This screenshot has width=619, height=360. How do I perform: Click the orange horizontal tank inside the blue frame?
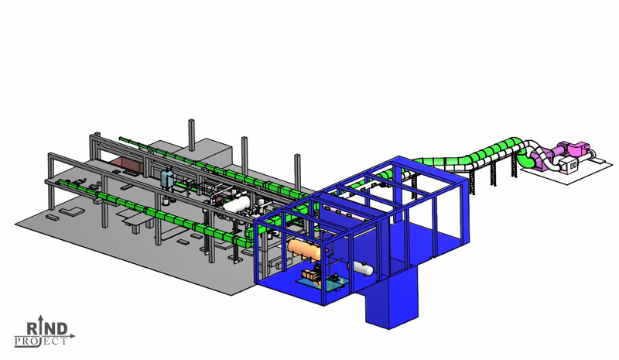[x=304, y=249]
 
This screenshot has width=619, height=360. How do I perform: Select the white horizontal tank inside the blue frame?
[x=362, y=269]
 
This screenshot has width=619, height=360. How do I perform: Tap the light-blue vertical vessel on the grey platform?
[x=168, y=178]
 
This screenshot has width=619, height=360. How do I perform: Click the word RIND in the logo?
[x=47, y=328]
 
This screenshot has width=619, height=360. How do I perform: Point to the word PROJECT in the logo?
[x=41, y=341]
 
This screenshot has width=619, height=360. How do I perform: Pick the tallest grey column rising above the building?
[x=191, y=135]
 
